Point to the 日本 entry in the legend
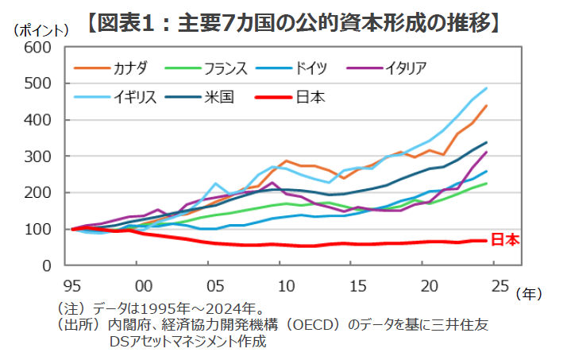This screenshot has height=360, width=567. click(x=310, y=98)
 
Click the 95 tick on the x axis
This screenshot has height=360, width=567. click(x=72, y=285)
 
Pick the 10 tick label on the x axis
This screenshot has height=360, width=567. click(x=286, y=285)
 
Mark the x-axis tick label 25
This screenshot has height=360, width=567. click(x=500, y=285)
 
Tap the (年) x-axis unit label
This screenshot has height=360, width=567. click(x=529, y=294)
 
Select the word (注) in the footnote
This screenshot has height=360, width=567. click(x=70, y=308)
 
